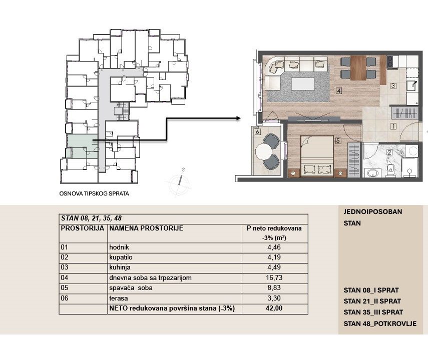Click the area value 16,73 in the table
coord(274,277)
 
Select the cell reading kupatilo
coord(121,257)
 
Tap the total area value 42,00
coord(274,308)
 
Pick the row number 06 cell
coord(65,298)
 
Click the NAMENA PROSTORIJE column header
coord(146,228)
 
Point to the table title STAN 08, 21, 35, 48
coord(92,218)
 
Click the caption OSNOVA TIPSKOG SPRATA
coord(94,193)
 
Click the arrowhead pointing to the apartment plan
coord(238,118)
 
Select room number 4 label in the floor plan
coord(339,90)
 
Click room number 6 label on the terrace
coord(257,131)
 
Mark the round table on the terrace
coord(263,151)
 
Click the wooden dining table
coord(358,68)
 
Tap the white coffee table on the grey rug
coord(303,84)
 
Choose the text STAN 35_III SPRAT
coord(373,312)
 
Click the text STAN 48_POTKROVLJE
coord(380,323)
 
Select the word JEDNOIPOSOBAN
coord(372,211)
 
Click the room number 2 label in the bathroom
coord(389,152)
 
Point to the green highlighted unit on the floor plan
coord(82,146)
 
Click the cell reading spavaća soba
coord(131,287)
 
